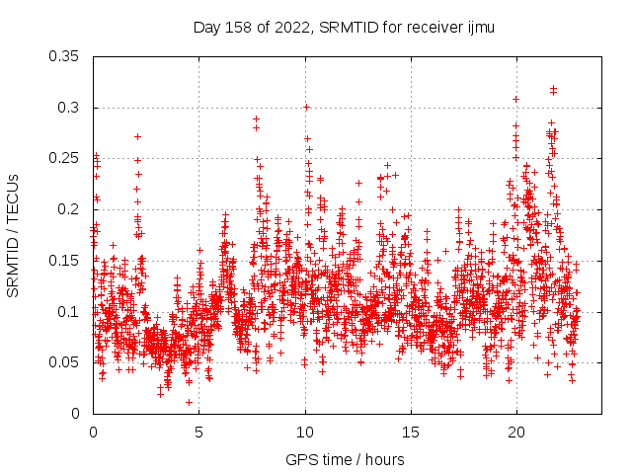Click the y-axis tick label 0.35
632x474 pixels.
pos(66,56)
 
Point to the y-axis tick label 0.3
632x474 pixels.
pos(70,108)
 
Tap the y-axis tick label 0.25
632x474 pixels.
pos(66,158)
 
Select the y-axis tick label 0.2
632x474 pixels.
pos(70,209)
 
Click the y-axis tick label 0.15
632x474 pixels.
pos(66,261)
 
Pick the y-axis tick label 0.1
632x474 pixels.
pos(70,311)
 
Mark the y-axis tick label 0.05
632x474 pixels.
pos(66,362)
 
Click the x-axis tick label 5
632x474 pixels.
pos(199,433)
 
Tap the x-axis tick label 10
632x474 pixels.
pos(305,433)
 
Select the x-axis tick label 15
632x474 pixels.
pos(411,433)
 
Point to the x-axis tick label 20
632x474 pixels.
pos(516,433)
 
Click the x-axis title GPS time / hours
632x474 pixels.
pos(344,459)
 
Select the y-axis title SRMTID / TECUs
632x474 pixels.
pos(14,234)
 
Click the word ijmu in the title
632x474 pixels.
pos(480,28)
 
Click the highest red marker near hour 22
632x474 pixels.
pos(553,88)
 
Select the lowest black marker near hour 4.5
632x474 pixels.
pos(189,402)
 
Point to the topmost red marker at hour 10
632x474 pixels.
pos(306,107)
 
